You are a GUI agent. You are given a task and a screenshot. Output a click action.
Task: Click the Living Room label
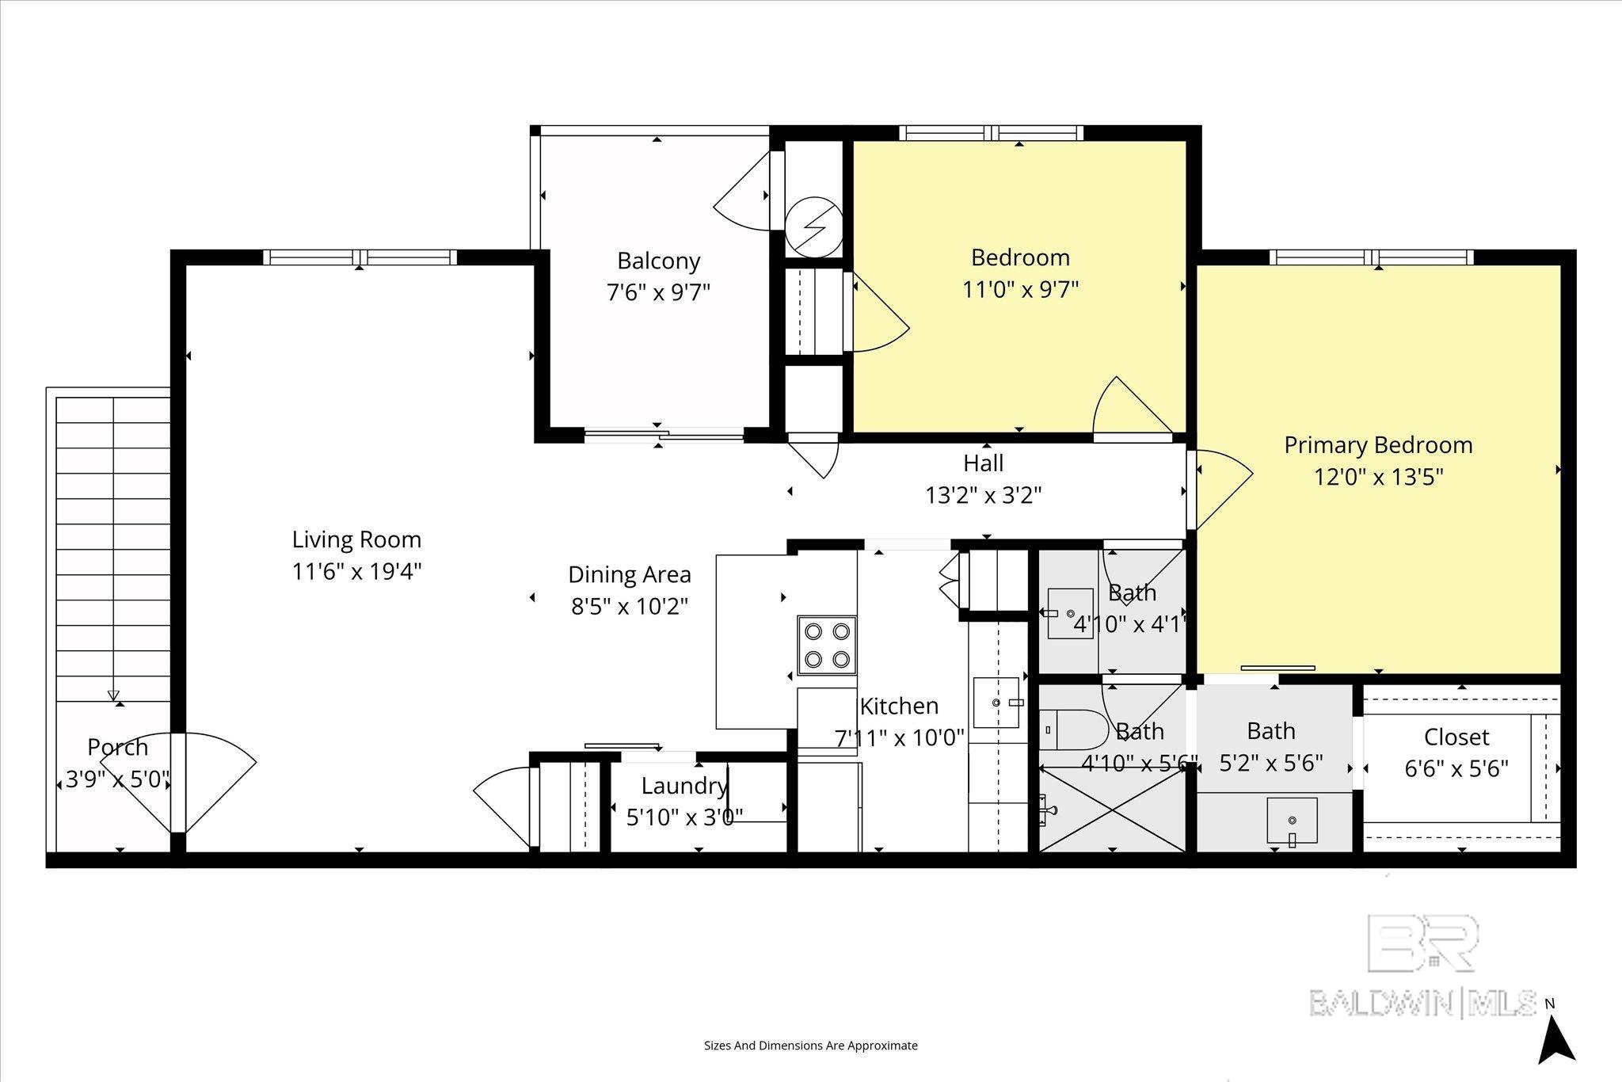356,540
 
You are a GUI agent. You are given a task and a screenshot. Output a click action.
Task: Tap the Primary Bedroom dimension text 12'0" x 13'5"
1378,478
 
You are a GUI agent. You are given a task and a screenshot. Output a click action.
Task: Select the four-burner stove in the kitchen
827,646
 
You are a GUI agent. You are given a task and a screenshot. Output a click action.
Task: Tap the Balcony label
659,261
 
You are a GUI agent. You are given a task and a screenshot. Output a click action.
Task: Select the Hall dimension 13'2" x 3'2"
984,496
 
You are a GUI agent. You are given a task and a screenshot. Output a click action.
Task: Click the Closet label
1456,737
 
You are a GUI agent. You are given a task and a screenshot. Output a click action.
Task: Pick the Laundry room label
684,787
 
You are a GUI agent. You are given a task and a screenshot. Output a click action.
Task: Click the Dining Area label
630,574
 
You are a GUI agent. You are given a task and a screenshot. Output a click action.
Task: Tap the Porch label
117,747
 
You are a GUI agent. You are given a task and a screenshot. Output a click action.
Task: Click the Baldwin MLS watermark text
1422,1003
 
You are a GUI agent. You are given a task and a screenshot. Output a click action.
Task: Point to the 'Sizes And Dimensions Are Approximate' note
811,1046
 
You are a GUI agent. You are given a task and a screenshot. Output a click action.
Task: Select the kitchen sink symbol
998,703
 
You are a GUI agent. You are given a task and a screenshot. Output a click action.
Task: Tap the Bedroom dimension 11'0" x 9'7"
1021,290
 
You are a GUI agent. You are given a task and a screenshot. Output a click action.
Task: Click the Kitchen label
899,706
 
